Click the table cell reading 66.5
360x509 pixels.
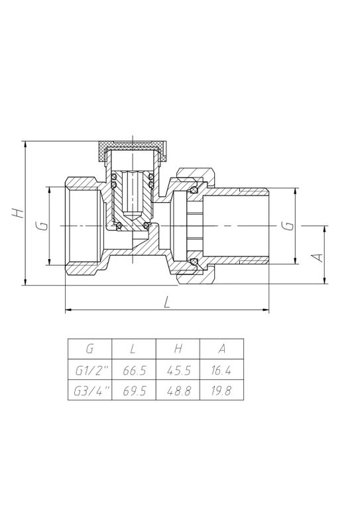tap(134, 370)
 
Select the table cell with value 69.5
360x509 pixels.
tap(134, 390)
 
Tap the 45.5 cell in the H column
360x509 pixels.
tap(178, 370)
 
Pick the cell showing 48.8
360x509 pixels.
tap(178, 390)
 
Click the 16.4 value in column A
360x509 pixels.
tap(221, 370)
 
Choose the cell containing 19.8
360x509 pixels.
tap(221, 390)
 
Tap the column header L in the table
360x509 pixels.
tap(133, 349)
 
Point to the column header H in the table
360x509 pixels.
tap(178, 349)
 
